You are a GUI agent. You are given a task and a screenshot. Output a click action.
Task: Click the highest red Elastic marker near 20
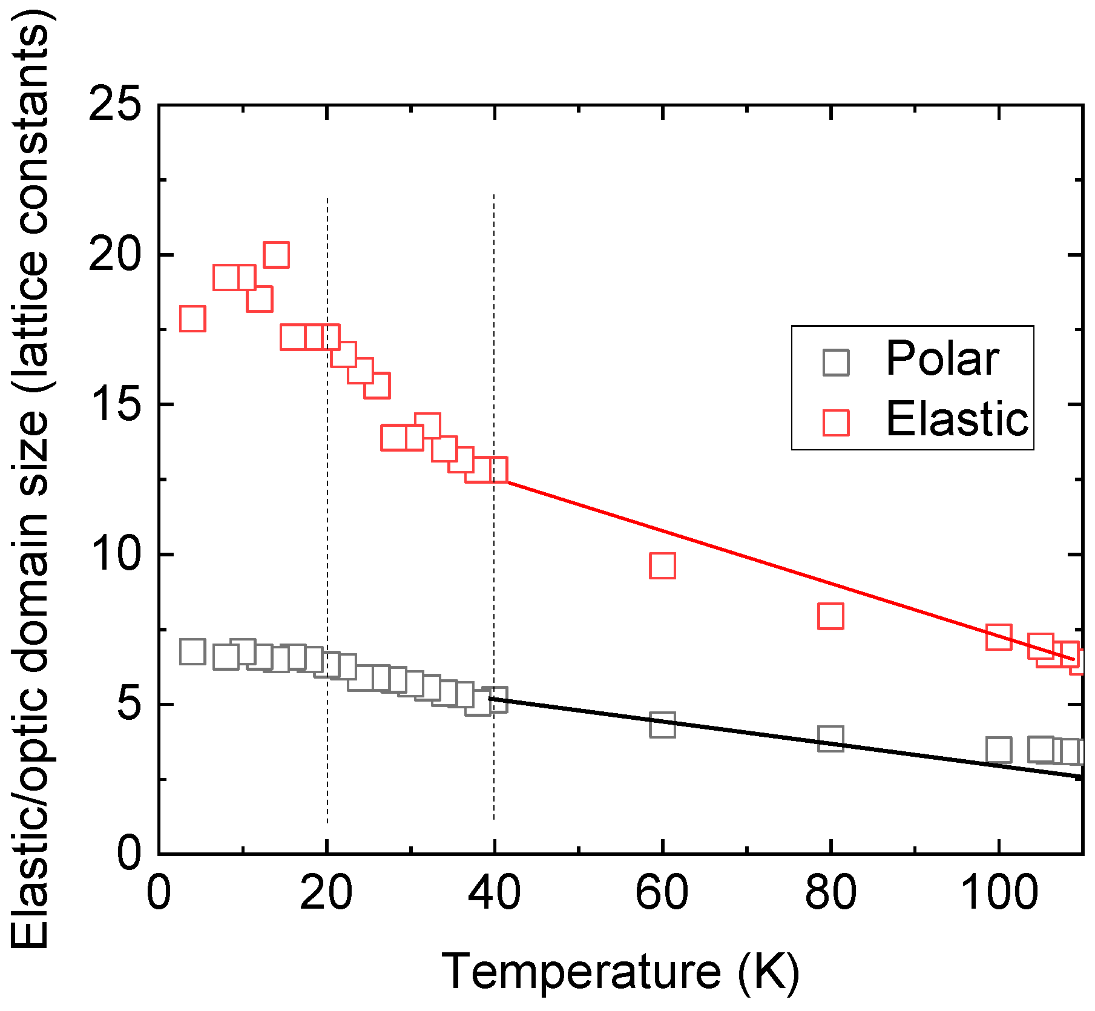tap(276, 255)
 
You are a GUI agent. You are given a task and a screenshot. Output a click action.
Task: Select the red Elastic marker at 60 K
tap(662, 565)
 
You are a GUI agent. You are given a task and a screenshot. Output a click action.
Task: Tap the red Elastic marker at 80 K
tap(830, 616)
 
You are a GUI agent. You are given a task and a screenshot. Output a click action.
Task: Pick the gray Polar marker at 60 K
tap(662, 724)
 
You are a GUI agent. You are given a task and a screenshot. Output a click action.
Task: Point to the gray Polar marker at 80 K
tap(830, 739)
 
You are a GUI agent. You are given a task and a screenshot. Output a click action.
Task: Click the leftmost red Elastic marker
tap(192, 318)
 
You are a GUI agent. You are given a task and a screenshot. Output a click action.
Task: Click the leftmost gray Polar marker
tap(192, 652)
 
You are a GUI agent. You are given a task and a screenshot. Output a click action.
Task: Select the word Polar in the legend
tap(942, 360)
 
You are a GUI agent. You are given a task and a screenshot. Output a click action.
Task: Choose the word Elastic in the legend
tap(956, 420)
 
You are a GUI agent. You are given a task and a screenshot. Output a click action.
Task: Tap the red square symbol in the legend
tap(836, 422)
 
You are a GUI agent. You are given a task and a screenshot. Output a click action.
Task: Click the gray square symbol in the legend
tap(836, 363)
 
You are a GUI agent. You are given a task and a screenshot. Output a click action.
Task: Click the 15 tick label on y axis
tap(114, 404)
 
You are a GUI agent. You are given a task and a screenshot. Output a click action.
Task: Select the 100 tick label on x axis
tap(999, 894)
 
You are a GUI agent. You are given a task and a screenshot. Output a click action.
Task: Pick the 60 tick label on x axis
tap(662, 894)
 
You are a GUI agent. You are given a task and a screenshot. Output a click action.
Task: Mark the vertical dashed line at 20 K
tap(327, 757)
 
